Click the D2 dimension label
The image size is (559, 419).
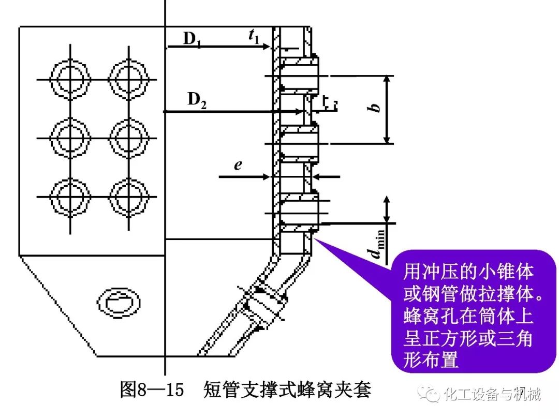197,100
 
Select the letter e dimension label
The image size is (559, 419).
238,165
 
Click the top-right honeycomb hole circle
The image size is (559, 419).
127,79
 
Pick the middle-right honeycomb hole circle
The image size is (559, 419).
127,137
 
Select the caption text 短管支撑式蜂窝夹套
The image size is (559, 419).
288,390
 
